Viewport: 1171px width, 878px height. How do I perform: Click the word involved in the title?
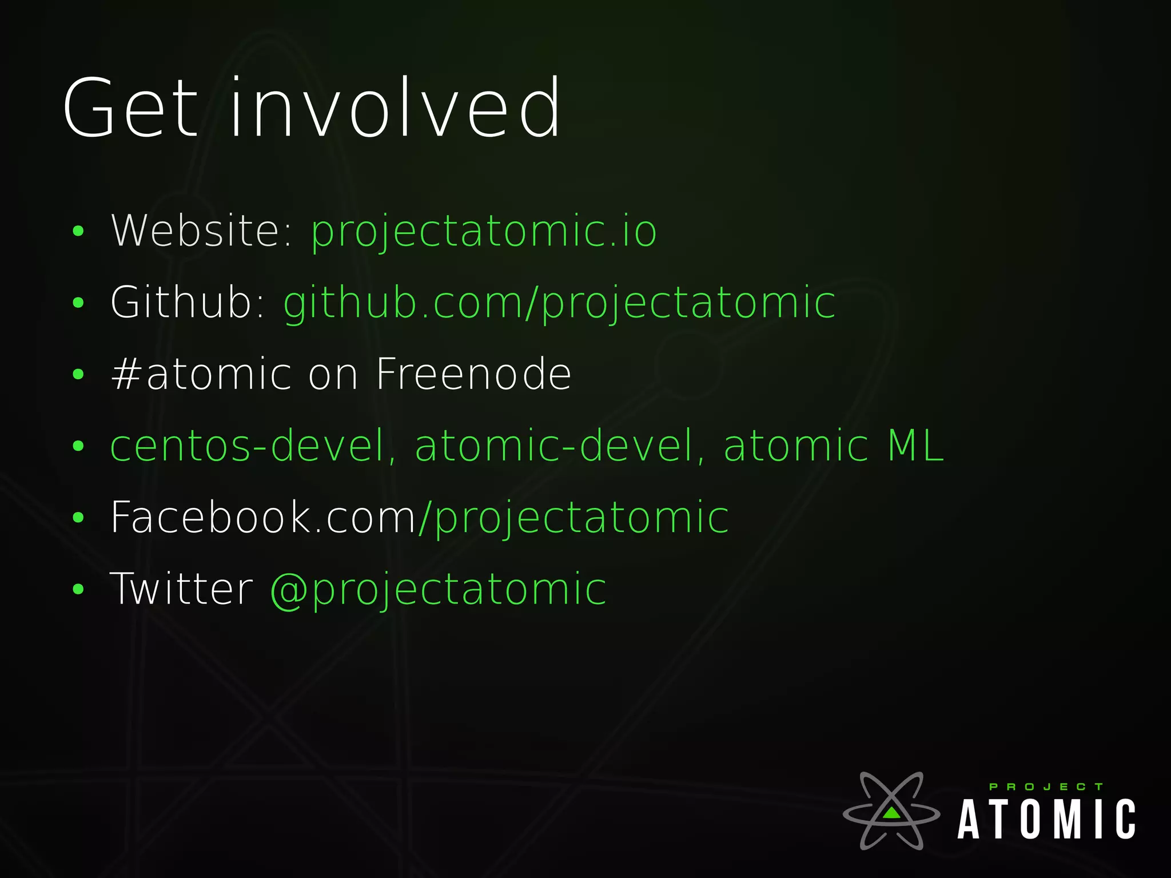click(395, 108)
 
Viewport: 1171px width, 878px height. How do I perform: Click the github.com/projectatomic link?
click(559, 303)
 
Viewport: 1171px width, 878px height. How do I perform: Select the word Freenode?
click(473, 375)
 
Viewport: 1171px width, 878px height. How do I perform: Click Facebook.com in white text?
click(263, 518)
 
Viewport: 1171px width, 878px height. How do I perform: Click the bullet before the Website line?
click(78, 232)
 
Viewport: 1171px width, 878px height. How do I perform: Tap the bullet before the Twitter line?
click(78, 590)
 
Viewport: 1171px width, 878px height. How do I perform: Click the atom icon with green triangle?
click(891, 811)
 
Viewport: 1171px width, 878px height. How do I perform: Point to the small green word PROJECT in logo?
click(1046, 787)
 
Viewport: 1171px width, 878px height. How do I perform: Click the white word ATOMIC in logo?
click(1046, 820)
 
